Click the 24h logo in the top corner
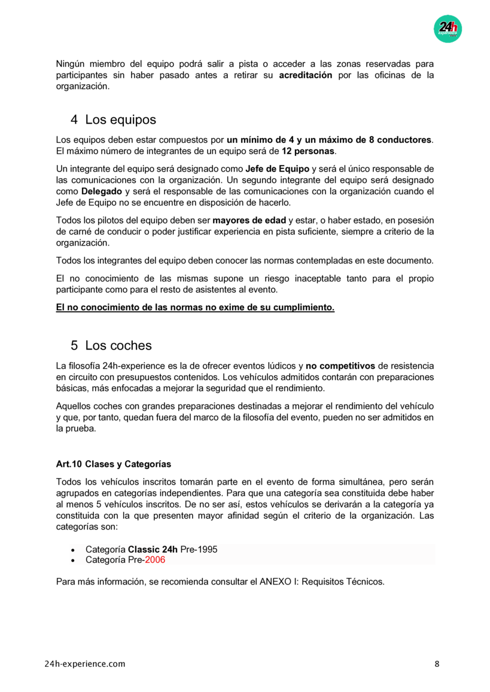point(448,28)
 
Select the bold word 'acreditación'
point(305,75)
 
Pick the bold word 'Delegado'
point(102,191)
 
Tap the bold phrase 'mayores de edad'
point(249,220)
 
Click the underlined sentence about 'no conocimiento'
point(195,308)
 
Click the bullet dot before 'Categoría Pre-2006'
point(72,561)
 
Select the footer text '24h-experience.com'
point(85,664)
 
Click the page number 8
point(437,664)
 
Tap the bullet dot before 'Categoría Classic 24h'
point(72,550)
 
